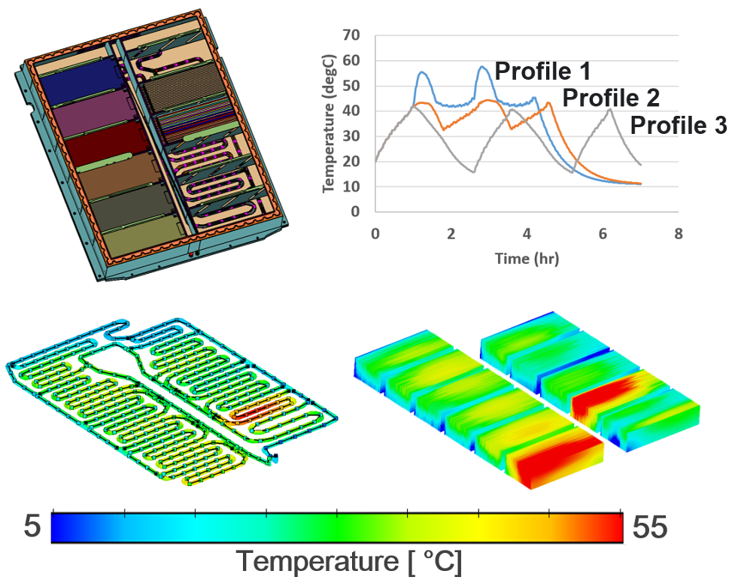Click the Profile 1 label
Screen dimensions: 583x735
click(542, 72)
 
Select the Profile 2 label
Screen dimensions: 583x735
click(611, 98)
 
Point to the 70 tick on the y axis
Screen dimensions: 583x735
click(350, 35)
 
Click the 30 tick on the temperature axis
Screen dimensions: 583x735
click(350, 136)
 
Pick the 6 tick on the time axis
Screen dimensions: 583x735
click(603, 234)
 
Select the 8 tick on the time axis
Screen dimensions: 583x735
click(678, 234)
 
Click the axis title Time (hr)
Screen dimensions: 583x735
click(527, 258)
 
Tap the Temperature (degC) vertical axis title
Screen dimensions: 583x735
click(328, 123)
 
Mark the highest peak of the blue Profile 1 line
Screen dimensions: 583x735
click(483, 67)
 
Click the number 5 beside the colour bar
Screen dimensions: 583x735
click(31, 527)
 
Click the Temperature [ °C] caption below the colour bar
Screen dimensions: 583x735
click(350, 561)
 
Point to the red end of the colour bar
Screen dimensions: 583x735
click(617, 527)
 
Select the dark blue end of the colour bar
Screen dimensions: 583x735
click(57, 527)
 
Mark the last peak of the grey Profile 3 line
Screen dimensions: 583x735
click(609, 109)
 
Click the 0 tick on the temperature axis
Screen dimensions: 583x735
click(354, 211)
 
